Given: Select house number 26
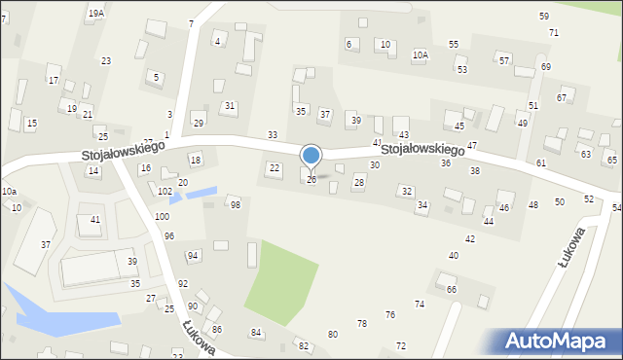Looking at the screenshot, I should [x=311, y=180].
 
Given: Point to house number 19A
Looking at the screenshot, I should [x=95, y=14].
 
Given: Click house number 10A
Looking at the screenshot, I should [x=420, y=55].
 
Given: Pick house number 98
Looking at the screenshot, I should [x=235, y=204].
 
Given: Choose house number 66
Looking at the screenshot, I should [x=452, y=290].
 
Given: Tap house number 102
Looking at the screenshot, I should [x=165, y=192].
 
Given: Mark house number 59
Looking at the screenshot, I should [x=544, y=17].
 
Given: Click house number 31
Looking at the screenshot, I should [x=230, y=105].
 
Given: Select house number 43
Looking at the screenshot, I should [x=404, y=134].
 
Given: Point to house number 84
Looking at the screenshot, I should [x=256, y=333].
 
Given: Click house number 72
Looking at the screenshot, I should [x=401, y=345].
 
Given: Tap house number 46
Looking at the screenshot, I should [x=504, y=208].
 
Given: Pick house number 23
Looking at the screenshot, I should [x=105, y=61].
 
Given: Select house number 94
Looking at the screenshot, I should [x=193, y=255].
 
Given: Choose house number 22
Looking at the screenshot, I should [x=275, y=168].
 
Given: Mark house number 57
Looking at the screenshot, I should [x=504, y=60].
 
